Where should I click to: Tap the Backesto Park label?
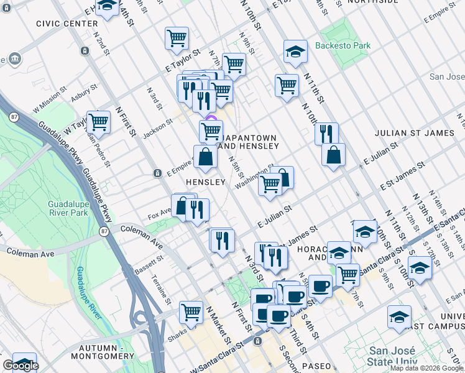(x=343, y=45)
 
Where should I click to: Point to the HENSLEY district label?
(x=205, y=182)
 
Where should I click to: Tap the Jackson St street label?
(x=156, y=127)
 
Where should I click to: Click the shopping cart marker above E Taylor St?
(x=177, y=37)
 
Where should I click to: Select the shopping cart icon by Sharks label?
(x=191, y=311)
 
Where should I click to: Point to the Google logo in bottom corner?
(x=20, y=366)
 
